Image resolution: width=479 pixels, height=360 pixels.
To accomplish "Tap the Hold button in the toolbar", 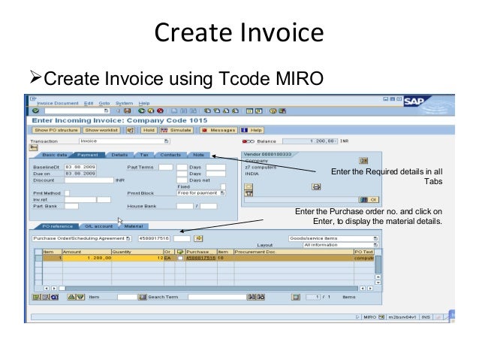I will [148, 129].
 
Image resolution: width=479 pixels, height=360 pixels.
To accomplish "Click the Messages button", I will [218, 129].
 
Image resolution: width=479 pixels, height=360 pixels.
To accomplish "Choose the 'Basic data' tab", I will [55, 154].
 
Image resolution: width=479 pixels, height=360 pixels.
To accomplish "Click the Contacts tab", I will [170, 154].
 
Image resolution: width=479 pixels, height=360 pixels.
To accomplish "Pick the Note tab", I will [198, 154].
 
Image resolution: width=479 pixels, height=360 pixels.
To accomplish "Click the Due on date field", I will [78, 173].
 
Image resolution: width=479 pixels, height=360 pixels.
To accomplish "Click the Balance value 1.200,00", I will [324, 141].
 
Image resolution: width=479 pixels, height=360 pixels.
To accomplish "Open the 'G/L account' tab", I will [98, 225].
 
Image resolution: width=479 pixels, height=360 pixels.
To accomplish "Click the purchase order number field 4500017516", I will [155, 237].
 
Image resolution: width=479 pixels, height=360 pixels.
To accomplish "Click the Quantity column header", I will [122, 251].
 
